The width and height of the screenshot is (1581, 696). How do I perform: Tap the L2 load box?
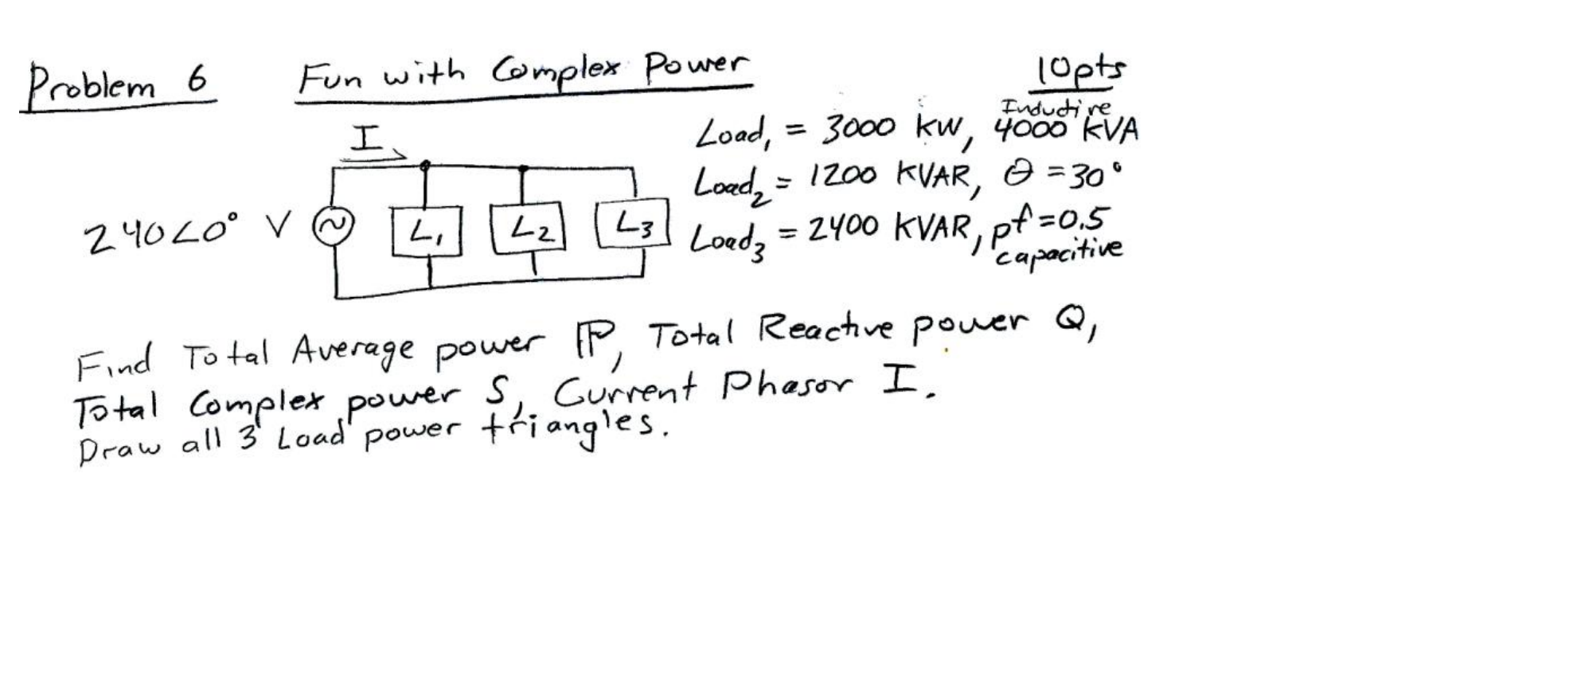528,229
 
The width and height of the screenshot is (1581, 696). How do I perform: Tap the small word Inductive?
1055,107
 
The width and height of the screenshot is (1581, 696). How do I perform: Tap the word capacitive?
1059,251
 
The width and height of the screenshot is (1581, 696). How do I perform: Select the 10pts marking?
1081,70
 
